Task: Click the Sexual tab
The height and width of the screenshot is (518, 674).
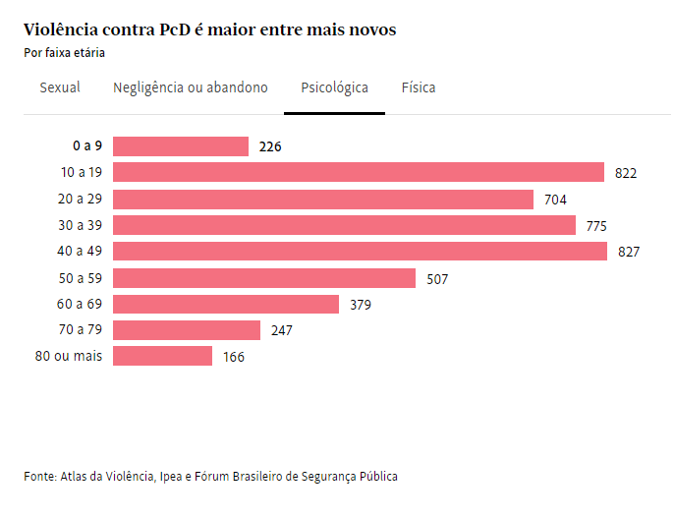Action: (60, 87)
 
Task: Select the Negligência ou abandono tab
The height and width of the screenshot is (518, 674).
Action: (191, 87)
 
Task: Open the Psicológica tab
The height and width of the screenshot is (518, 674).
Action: (334, 87)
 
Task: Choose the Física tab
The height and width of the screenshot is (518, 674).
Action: (419, 87)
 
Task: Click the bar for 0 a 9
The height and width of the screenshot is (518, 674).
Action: (181, 146)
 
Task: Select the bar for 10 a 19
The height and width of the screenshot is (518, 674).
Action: (359, 173)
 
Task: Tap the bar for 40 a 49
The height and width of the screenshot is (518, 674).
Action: (361, 252)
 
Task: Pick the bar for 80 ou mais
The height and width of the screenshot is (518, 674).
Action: (162, 356)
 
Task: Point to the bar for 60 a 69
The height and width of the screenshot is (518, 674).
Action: (226, 304)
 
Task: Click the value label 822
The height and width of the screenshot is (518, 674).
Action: (626, 174)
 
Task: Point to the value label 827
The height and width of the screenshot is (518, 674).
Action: (629, 253)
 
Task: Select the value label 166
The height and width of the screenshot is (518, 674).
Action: (234, 357)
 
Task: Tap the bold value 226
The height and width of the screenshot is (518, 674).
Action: (270, 147)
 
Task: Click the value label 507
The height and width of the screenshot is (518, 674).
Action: (437, 279)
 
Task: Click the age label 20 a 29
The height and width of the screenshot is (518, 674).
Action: (81, 200)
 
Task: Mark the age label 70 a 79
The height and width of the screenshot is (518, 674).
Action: (81, 330)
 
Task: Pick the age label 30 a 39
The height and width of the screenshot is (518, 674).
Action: (81, 225)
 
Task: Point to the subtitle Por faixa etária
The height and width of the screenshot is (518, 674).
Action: (64, 53)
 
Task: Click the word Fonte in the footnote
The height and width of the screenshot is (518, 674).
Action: (39, 477)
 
